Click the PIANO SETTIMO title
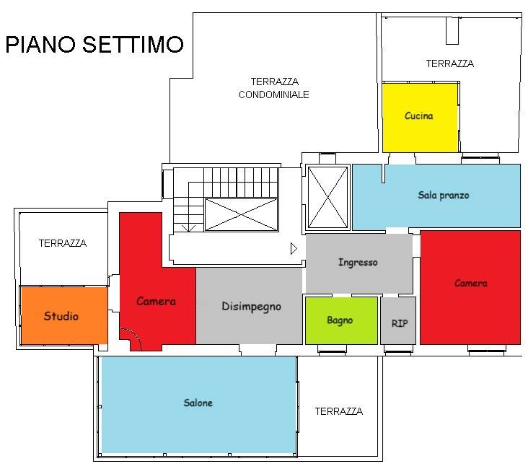(94, 45)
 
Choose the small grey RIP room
(399, 323)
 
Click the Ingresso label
(358, 263)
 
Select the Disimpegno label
(251, 306)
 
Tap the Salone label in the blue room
(198, 403)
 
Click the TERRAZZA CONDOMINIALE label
(274, 88)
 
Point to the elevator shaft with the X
(327, 197)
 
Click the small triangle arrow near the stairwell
(293, 248)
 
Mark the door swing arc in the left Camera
(131, 336)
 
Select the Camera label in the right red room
(470, 284)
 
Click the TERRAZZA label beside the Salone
(338, 411)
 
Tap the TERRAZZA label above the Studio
(62, 243)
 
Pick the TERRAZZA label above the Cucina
(449, 63)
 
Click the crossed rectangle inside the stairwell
(241, 214)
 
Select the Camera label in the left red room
(156, 301)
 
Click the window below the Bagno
(332, 351)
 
